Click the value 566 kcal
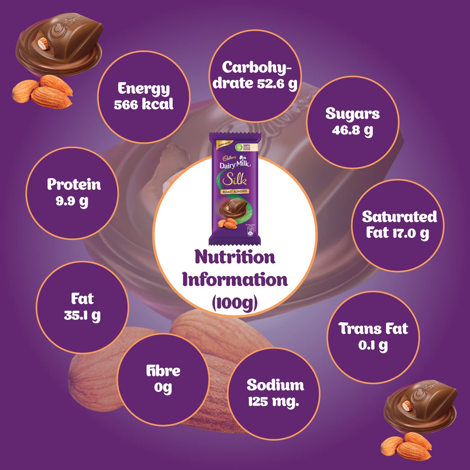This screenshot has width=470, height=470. [144, 104]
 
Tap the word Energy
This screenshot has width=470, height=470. [144, 89]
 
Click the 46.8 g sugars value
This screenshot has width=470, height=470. [352, 130]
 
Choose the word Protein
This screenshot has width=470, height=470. [74, 184]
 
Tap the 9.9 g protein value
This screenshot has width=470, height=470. [72, 201]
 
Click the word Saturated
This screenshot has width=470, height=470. [399, 217]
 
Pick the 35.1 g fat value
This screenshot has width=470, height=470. [82, 316]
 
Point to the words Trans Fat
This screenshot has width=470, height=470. [373, 329]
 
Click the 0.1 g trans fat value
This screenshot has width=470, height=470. [373, 345]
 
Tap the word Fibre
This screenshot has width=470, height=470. [163, 371]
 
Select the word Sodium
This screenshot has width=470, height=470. [275, 385]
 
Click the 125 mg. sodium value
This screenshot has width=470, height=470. [273, 402]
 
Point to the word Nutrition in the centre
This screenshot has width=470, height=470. [235, 257]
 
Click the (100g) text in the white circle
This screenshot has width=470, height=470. [235, 303]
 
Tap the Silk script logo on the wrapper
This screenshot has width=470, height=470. [235, 180]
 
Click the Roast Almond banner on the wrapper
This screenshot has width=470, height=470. [235, 191]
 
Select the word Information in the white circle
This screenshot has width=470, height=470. [235, 280]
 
